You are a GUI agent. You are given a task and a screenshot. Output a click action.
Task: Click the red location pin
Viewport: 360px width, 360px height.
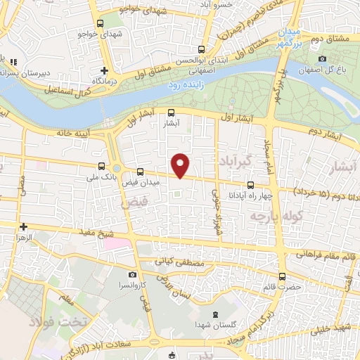[181, 165]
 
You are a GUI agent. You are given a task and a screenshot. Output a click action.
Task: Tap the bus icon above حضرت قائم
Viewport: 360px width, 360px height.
[282, 276]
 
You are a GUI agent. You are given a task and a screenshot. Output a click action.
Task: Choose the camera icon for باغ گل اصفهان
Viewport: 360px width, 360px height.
[323, 59]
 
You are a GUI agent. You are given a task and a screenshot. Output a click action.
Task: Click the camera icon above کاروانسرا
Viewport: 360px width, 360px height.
[132, 275]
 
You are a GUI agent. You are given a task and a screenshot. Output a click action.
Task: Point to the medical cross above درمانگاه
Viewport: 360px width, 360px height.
[105, 70]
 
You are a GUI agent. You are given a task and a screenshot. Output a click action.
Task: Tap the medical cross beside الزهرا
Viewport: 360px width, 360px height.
[23, 226]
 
